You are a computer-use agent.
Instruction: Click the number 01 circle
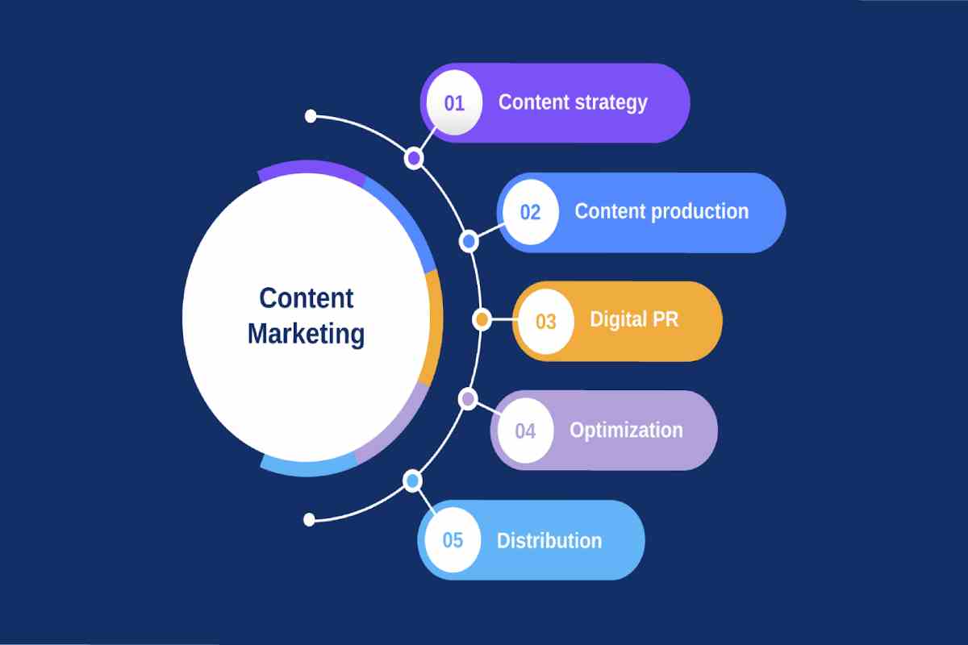click(x=454, y=103)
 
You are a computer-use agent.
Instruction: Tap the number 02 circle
click(x=531, y=212)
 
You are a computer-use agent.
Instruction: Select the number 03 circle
click(x=546, y=322)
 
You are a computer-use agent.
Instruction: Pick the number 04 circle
click(x=525, y=431)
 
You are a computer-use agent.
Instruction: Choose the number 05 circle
click(x=453, y=540)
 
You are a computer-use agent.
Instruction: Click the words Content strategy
click(x=573, y=103)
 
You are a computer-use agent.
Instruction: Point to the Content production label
click(x=661, y=212)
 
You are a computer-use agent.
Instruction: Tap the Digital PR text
click(x=634, y=320)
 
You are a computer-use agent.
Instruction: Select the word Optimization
click(x=626, y=431)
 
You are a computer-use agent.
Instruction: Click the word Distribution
click(x=549, y=541)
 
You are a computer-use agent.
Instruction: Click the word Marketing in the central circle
click(x=306, y=335)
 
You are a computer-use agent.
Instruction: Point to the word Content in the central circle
click(x=307, y=298)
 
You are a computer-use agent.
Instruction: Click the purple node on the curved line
click(x=414, y=159)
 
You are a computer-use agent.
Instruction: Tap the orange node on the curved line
click(x=482, y=320)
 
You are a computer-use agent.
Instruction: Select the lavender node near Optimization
click(x=468, y=399)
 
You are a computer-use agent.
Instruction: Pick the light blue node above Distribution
click(x=413, y=481)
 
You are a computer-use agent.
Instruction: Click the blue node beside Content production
click(x=469, y=242)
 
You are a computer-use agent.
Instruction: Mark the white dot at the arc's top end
click(x=311, y=116)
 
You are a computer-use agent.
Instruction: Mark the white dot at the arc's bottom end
click(x=309, y=520)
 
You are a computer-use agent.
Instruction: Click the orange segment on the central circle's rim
click(x=436, y=328)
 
